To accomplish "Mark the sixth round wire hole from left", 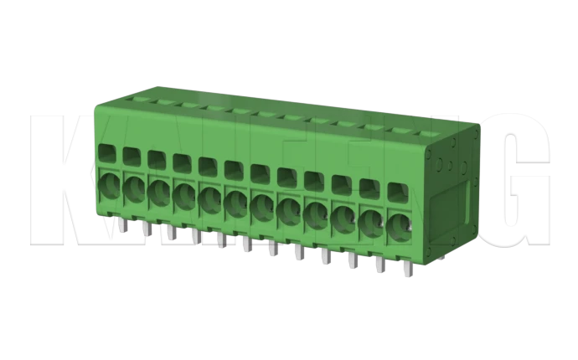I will pyautogui.click(x=236, y=202).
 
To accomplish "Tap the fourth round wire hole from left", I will pyautogui.click(x=184, y=194).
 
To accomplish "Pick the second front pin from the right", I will pyautogui.click(x=379, y=265).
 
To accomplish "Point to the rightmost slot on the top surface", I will pyautogui.click(x=430, y=133).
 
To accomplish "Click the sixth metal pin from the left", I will pyautogui.click(x=246, y=244).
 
